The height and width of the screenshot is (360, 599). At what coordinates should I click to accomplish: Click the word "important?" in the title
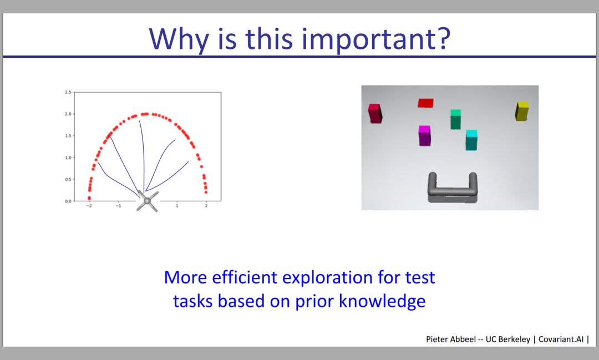click(x=376, y=40)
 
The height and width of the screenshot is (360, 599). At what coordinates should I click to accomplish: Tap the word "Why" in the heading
click(x=179, y=40)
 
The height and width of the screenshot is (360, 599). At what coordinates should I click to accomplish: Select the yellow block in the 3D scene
click(x=522, y=111)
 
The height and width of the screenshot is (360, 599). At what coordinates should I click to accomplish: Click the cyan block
click(x=471, y=140)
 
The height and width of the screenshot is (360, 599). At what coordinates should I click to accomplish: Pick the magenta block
click(x=424, y=136)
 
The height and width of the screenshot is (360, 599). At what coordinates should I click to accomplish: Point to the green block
click(x=455, y=119)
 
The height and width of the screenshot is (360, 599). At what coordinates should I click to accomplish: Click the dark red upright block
click(x=375, y=114)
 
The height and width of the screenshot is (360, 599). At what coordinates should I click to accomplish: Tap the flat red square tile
click(x=425, y=103)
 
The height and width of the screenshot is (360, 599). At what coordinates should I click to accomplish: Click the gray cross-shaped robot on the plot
click(x=147, y=201)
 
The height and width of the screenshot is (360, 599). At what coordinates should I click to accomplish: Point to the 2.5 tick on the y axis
click(x=68, y=92)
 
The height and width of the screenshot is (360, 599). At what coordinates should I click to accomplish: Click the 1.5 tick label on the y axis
click(x=68, y=136)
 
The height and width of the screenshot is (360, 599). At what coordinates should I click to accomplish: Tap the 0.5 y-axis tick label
click(x=68, y=179)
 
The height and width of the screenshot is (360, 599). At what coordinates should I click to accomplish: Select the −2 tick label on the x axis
click(x=89, y=206)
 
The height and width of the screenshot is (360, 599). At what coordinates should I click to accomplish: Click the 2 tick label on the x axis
click(x=206, y=206)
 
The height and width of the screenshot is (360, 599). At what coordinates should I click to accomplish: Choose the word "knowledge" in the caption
click(x=382, y=301)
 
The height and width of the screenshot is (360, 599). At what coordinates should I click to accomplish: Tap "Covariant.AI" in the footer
click(x=561, y=339)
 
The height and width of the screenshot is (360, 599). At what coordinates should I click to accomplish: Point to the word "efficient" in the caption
click(x=245, y=277)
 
